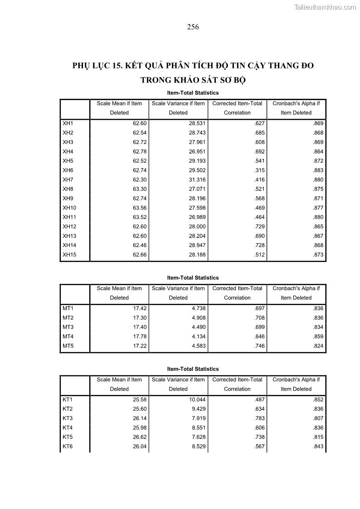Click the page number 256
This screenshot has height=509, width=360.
click(193, 27)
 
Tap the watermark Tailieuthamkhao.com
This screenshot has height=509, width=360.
click(325, 7)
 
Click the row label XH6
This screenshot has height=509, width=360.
click(68, 170)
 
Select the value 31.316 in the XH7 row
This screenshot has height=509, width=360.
click(197, 180)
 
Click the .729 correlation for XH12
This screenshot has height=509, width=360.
click(259, 227)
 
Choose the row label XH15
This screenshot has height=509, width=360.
click(69, 255)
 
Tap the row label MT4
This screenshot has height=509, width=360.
click(68, 337)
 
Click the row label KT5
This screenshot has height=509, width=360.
click(68, 437)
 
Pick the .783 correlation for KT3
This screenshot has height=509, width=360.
click(259, 418)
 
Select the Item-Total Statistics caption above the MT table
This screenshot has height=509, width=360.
click(193, 278)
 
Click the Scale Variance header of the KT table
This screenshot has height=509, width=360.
click(178, 384)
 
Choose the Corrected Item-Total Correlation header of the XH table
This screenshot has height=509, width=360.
click(237, 108)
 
